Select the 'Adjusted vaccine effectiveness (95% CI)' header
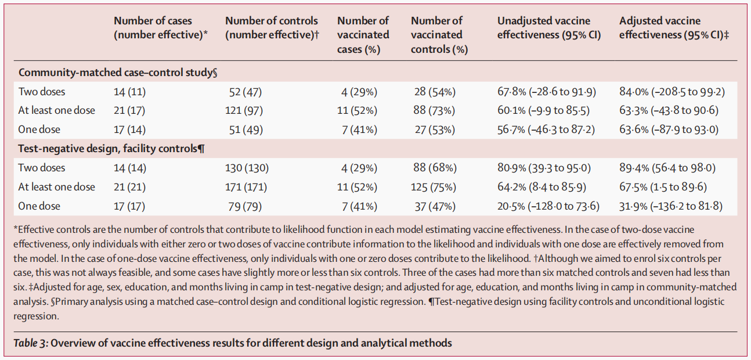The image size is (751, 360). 674,28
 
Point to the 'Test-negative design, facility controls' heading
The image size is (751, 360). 111,149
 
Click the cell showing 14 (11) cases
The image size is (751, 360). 130,91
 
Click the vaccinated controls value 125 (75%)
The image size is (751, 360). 435,187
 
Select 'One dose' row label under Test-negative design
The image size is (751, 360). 39,206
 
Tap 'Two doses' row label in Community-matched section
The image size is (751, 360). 42,91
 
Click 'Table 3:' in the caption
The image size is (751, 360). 30,343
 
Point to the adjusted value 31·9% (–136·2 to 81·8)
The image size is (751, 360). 671,206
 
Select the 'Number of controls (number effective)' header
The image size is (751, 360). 272,28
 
